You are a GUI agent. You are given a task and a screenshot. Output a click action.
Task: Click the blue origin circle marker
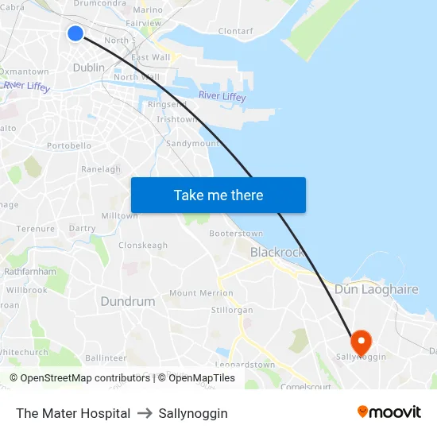tap(75, 33)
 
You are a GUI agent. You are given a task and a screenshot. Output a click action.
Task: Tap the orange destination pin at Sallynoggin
tap(361, 342)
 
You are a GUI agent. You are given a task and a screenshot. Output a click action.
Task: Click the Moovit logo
tap(389, 412)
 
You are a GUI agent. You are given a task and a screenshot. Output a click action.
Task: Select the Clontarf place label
tap(235, 32)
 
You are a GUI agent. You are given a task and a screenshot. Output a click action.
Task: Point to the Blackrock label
tap(277, 252)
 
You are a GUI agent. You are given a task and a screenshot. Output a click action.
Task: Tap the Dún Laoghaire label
tap(377, 289)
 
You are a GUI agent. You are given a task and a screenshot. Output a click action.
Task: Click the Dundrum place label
tap(128, 301)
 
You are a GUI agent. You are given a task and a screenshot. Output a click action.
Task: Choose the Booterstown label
tap(236, 234)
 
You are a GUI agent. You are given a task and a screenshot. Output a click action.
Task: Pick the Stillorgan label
tap(232, 310)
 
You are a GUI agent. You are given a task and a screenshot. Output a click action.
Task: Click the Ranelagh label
tap(101, 169)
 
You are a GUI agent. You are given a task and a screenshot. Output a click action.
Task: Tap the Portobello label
tap(69, 146)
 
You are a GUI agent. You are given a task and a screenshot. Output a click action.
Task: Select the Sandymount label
tap(192, 144)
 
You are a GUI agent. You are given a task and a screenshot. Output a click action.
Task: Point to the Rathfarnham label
tap(30, 271)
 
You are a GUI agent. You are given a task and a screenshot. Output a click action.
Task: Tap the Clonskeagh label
tap(143, 246)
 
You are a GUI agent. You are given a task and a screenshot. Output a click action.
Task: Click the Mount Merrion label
tap(201, 293)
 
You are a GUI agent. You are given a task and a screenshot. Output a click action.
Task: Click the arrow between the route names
tap(145, 413)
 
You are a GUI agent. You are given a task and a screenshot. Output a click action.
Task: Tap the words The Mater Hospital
tap(73, 413)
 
